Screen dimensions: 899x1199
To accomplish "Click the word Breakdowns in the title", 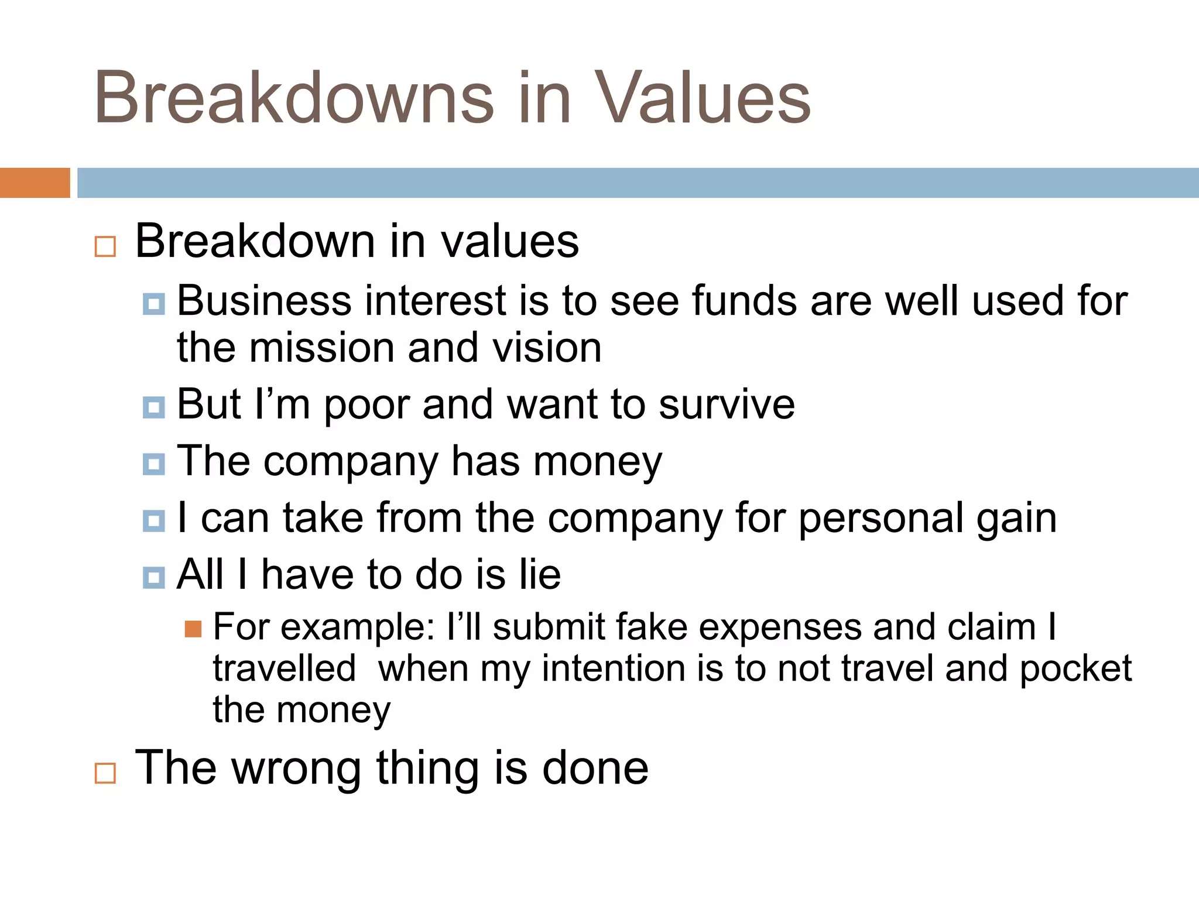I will click(x=294, y=98).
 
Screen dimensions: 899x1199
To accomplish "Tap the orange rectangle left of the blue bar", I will click(x=35, y=183).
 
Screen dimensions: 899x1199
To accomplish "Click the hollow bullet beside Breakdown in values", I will click(x=105, y=246).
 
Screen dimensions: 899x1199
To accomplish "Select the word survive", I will click(x=727, y=405).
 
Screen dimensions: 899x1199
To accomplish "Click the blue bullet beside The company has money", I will click(x=154, y=464).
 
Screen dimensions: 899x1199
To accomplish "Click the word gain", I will click(x=1016, y=519).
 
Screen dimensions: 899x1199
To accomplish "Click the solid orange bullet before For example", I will click(x=193, y=629).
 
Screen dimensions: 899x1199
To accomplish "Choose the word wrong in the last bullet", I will click(x=296, y=768).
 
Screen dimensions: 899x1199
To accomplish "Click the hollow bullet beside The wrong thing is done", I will click(x=105, y=773).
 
